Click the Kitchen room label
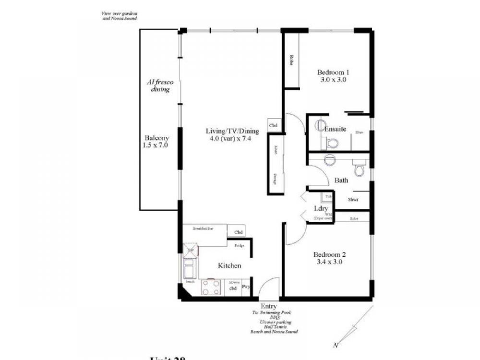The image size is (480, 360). (x=229, y=265)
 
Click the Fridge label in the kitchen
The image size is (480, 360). (x=239, y=246)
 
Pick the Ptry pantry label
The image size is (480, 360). (x=246, y=288)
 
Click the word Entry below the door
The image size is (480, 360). (x=268, y=306)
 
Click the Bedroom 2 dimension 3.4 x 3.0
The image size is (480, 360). (x=329, y=263)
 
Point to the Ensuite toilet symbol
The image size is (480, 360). (x=332, y=143)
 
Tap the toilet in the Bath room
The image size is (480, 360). (x=358, y=169)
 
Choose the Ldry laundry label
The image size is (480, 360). (x=321, y=208)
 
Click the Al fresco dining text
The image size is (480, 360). (x=160, y=86)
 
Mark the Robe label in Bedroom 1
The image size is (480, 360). (x=291, y=60)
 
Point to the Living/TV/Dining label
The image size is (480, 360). (x=232, y=132)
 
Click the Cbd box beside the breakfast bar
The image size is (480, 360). (x=239, y=232)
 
